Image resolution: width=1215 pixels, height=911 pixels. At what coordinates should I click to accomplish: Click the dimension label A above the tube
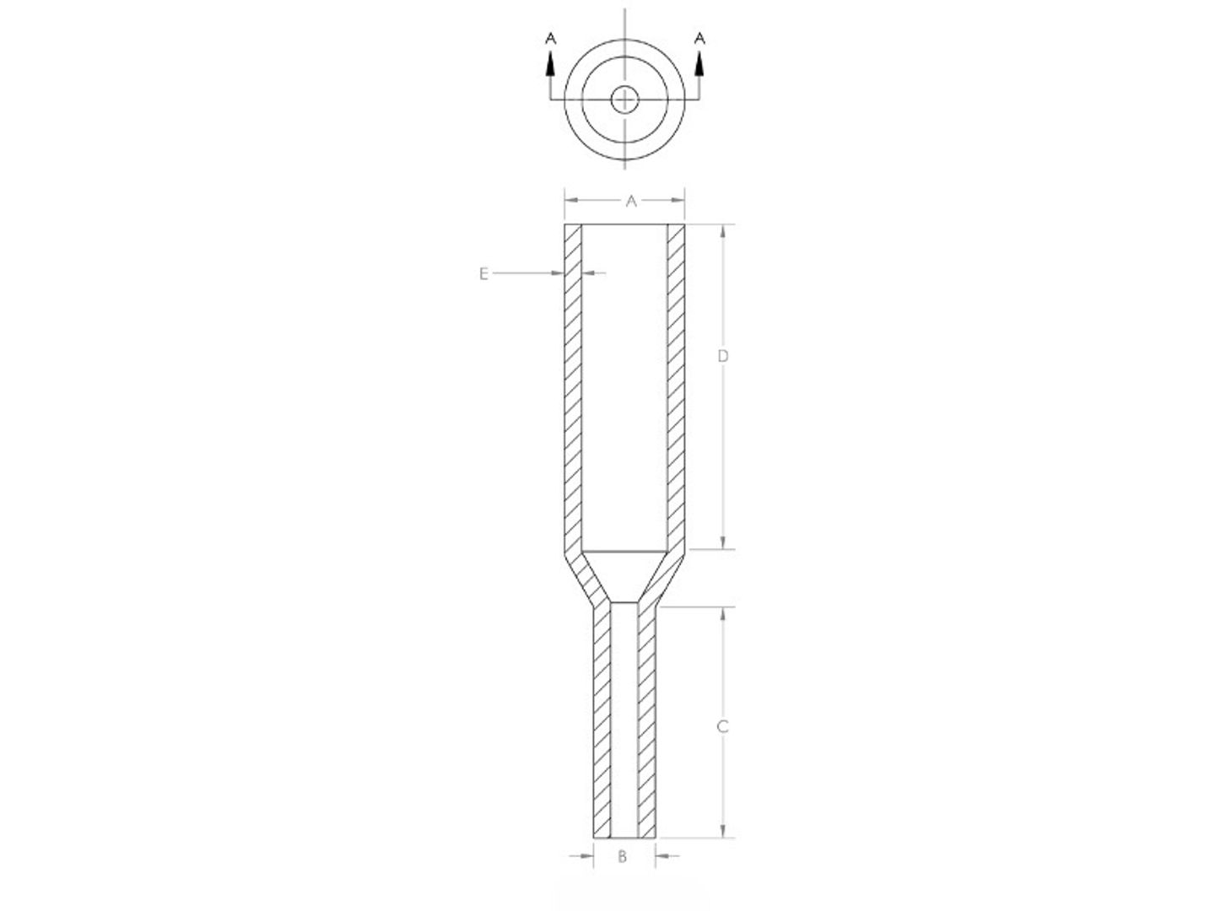tap(630, 201)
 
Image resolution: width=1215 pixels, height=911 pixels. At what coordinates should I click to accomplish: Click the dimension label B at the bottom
tap(623, 857)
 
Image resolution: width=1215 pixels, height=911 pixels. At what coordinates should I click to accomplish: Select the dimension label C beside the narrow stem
tap(722, 726)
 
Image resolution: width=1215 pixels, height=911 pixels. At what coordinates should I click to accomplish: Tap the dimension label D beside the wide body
tap(722, 356)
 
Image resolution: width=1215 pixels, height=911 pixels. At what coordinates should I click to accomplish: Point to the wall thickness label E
tap(483, 273)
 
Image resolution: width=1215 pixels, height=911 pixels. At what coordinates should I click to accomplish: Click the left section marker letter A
tap(550, 38)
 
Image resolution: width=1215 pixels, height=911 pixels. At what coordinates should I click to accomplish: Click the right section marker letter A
tap(699, 38)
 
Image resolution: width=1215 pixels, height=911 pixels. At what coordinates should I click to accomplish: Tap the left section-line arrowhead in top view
tap(550, 62)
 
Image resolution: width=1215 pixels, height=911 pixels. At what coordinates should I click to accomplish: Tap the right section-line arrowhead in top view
tap(699, 62)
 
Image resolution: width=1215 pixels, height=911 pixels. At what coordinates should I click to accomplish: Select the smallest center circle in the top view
tap(624, 100)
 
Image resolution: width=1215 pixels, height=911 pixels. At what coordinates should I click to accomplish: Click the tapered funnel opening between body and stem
tap(624, 577)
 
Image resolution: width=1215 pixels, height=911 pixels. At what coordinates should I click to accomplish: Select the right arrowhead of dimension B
tap(662, 856)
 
